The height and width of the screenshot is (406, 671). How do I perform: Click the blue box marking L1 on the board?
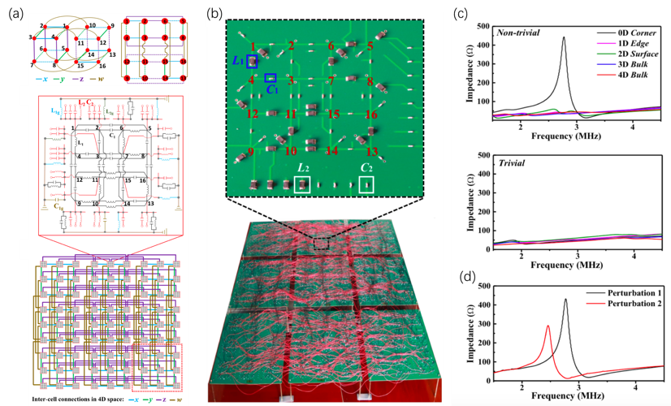coord(253,62)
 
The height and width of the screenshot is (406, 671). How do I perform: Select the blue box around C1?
coord(271,78)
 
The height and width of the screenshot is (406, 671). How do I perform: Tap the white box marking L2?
coord(302,184)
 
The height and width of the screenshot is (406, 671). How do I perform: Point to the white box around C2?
coord(367,184)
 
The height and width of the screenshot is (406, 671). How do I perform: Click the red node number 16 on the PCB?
coord(370,114)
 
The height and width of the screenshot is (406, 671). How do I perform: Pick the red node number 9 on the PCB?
coord(251,151)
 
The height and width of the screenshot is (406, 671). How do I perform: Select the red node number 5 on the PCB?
coord(370,46)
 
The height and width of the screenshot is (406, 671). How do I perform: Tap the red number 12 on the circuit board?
coord(253,114)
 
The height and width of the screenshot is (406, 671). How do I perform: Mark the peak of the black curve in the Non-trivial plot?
coord(563,37)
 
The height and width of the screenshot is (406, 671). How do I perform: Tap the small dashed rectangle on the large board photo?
coord(322,243)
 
